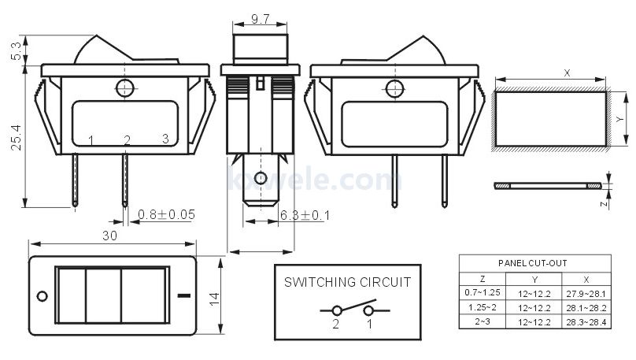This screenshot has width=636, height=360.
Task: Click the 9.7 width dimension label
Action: (260, 19)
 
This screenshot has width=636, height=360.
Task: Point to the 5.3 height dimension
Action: (17, 51)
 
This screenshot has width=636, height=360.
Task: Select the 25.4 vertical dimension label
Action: (17, 138)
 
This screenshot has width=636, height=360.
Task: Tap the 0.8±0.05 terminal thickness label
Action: (166, 214)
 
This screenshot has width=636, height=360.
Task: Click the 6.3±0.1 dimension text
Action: (305, 215)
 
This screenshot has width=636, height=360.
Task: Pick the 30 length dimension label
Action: (109, 236)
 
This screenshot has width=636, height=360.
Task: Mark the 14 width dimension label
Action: (214, 299)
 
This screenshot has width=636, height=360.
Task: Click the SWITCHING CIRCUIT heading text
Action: (348, 282)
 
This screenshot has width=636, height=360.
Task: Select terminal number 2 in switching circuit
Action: (336, 324)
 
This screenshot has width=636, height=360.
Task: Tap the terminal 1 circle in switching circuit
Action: (368, 311)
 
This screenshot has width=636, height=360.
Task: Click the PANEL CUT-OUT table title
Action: (533, 263)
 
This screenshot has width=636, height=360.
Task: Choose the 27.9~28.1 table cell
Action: (586, 294)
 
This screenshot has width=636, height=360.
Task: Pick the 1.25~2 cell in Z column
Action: (483, 307)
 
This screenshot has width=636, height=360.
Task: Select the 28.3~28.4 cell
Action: (586, 322)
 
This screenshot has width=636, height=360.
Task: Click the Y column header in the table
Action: (534, 280)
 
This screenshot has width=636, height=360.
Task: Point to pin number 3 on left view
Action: (165, 139)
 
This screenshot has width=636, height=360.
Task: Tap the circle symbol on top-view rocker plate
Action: (43, 296)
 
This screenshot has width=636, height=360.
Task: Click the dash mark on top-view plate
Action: (184, 295)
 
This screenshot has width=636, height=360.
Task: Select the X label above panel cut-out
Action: (567, 73)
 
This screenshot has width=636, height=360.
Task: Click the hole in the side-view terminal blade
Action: (261, 178)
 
